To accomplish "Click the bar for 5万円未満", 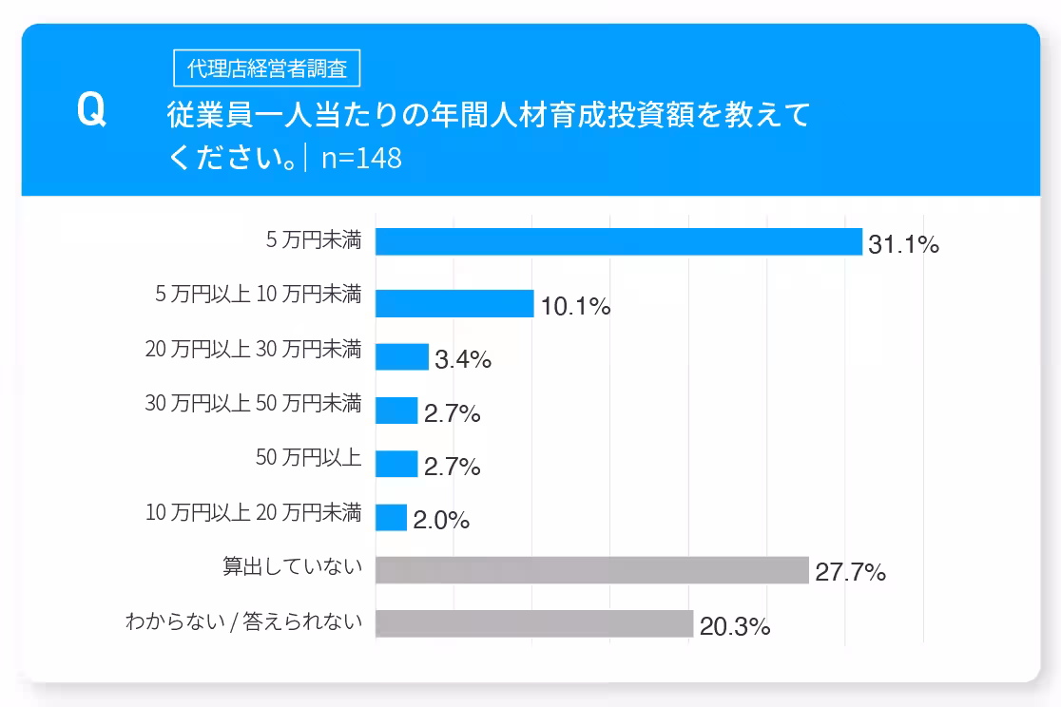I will pyautogui.click(x=618, y=242).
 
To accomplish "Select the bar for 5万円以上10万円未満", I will pyautogui.click(x=454, y=304).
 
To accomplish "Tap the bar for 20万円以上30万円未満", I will pyautogui.click(x=402, y=357).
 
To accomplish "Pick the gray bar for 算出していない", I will pyautogui.click(x=591, y=570).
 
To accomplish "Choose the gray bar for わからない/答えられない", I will pyautogui.click(x=533, y=624).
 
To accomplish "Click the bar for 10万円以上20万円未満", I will pyautogui.click(x=391, y=518).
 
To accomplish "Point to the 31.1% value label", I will pyautogui.click(x=903, y=245).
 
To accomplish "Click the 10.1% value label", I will pyautogui.click(x=575, y=307).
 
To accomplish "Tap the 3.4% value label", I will pyautogui.click(x=463, y=360).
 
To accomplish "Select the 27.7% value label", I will pyautogui.click(x=850, y=573).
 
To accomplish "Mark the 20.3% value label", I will pyautogui.click(x=734, y=627).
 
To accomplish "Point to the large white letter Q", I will pyautogui.click(x=91, y=111).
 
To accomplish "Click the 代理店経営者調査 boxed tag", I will pyautogui.click(x=267, y=68).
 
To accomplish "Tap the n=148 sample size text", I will pyautogui.click(x=361, y=159).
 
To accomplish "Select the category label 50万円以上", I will pyautogui.click(x=309, y=458).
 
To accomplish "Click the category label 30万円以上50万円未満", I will pyautogui.click(x=253, y=403).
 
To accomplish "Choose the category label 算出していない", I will pyautogui.click(x=293, y=567).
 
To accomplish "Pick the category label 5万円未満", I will pyautogui.click(x=314, y=240).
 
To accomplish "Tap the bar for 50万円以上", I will pyautogui.click(x=396, y=464).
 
